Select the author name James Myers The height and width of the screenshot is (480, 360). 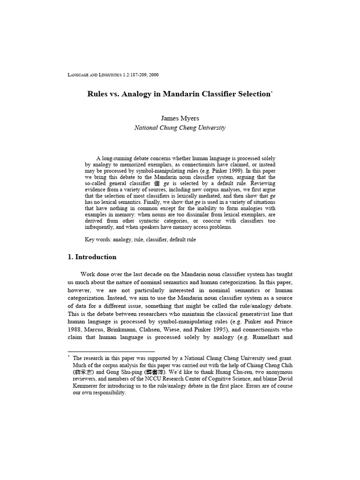pos(180,118)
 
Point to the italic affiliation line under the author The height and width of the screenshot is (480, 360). pos(180,127)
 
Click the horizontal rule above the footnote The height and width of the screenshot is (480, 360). pos(111,351)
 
